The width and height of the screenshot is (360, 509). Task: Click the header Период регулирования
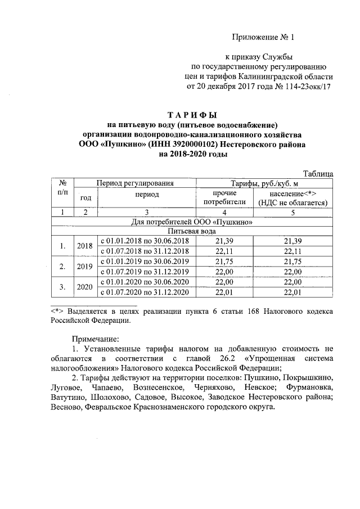[x=134, y=183]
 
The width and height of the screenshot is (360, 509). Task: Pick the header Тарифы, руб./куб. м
[x=264, y=183]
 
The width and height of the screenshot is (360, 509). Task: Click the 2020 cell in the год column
[x=84, y=287]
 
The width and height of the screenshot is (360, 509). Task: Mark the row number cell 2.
[x=63, y=266]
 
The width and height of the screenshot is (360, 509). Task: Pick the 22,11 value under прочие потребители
[x=224, y=251]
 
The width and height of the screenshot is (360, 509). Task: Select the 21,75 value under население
[x=293, y=262]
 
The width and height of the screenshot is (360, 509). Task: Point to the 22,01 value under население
[x=293, y=292]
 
